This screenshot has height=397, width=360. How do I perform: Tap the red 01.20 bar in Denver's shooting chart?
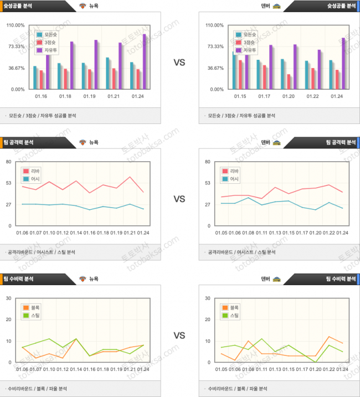coord(289,81)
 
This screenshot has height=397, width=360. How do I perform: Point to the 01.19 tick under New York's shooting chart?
coord(90,96)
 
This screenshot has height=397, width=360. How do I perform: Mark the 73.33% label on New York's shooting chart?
coord(16,47)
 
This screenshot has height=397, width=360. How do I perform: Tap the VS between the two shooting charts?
coord(179,63)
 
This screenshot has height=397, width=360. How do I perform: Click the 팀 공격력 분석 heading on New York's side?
coord(21,142)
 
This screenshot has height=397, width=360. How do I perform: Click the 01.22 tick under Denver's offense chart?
coord(327,233)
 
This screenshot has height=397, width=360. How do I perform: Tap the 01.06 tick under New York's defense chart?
coord(22,369)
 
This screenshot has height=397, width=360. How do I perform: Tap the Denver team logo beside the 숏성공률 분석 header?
coord(276,6)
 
